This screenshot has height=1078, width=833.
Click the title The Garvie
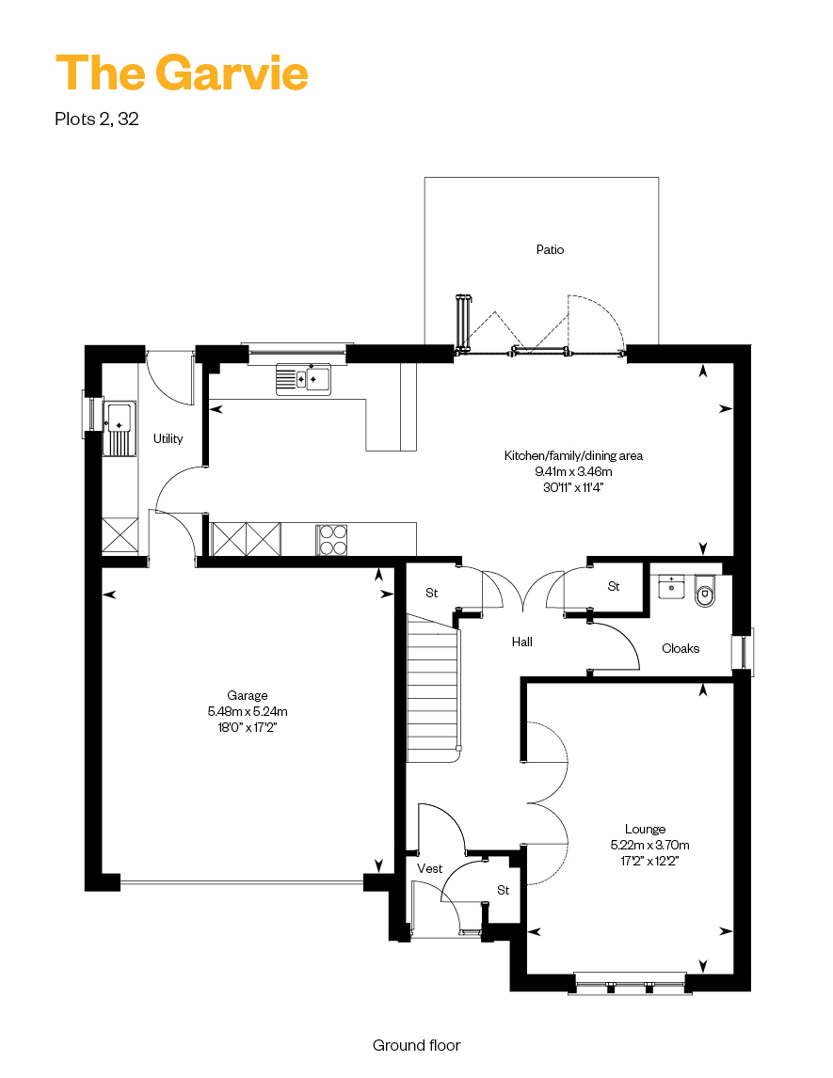[182, 72]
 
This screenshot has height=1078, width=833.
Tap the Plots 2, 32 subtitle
[96, 119]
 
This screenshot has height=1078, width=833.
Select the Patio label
[550, 249]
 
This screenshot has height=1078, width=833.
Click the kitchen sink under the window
[303, 379]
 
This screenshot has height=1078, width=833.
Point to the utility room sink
[120, 428]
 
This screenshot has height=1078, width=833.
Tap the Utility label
[168, 438]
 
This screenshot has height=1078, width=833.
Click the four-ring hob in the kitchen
[331, 540]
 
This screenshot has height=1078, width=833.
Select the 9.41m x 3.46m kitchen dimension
[573, 471]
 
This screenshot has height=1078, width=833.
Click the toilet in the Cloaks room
[705, 592]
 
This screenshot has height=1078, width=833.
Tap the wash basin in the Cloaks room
[671, 586]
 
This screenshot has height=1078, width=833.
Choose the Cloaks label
[681, 648]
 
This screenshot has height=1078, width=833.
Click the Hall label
[522, 642]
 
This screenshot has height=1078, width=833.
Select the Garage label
[248, 696]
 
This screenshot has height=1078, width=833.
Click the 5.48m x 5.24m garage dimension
[248, 711]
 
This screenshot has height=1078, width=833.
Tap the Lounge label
[645, 829]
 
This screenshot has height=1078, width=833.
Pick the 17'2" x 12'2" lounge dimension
[649, 861]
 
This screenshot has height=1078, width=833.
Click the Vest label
[430, 869]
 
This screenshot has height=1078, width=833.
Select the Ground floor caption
[416, 1046]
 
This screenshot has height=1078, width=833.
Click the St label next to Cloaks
[614, 586]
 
